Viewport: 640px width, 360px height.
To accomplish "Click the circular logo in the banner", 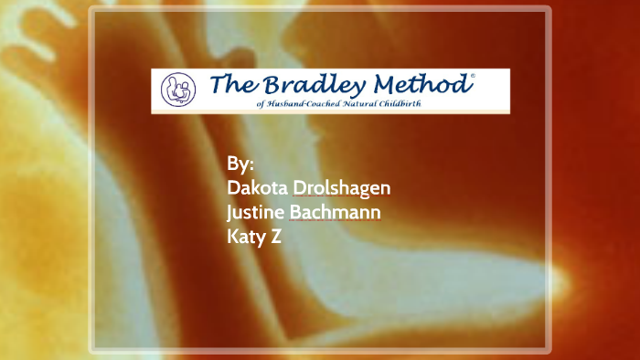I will [x=178, y=90].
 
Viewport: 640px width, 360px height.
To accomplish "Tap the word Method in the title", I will [x=421, y=85].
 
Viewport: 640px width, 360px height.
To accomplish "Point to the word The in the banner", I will [x=231, y=85].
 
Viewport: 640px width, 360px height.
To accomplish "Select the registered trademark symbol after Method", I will [x=472, y=79].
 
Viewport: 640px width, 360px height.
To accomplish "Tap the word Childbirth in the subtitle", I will [x=410, y=103].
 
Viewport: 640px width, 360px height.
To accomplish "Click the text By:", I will [x=240, y=164].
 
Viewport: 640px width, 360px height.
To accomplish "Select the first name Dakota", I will [x=258, y=188].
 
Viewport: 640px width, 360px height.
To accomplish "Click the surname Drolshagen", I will [x=342, y=188].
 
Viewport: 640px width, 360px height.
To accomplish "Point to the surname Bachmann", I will [x=335, y=213].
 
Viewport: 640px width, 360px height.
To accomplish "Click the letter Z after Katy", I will [x=274, y=237].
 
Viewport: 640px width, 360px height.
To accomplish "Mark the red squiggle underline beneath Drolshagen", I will [x=342, y=198].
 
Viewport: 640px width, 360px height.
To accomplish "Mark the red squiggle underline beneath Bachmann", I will [x=335, y=223].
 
